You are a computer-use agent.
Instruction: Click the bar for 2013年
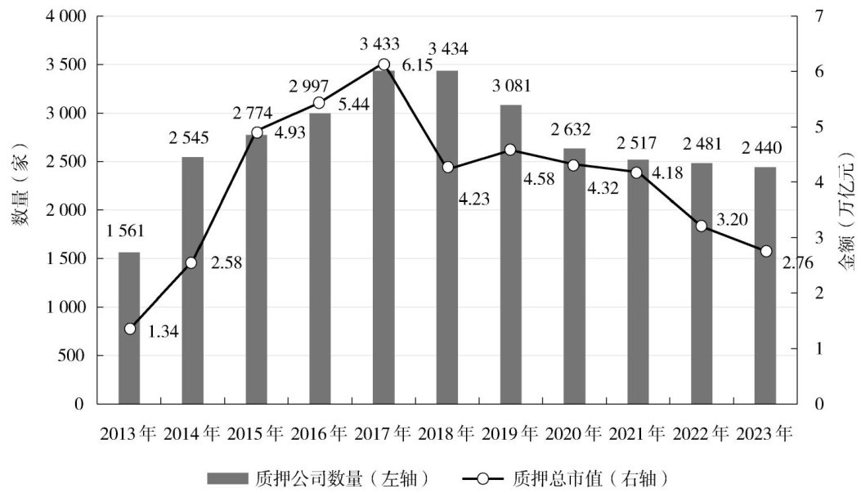129,328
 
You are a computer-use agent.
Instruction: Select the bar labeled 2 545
193,280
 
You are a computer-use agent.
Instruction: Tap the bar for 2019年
510,254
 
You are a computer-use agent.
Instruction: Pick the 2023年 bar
765,285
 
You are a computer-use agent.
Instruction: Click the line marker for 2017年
383,65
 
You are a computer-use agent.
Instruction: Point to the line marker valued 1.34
129,329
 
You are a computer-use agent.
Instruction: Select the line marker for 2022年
701,226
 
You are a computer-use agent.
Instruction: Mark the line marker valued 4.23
447,168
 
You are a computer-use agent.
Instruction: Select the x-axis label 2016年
320,433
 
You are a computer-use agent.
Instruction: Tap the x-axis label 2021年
638,433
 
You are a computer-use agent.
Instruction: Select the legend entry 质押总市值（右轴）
565,477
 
